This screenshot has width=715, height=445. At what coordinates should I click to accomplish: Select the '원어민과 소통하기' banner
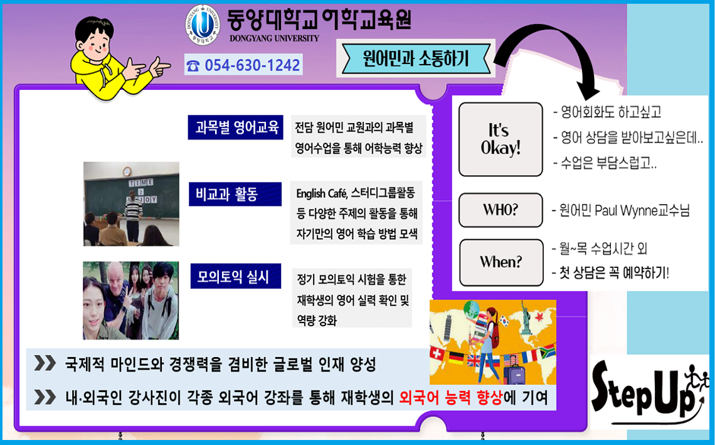pos(415,58)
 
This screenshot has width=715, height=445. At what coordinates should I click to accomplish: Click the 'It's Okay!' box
pos(500,139)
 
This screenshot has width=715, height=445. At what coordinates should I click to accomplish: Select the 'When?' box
pos(500,262)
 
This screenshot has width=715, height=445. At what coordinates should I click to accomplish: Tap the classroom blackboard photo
pos(131,203)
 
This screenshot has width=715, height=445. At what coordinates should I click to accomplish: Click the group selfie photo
pos(130,301)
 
